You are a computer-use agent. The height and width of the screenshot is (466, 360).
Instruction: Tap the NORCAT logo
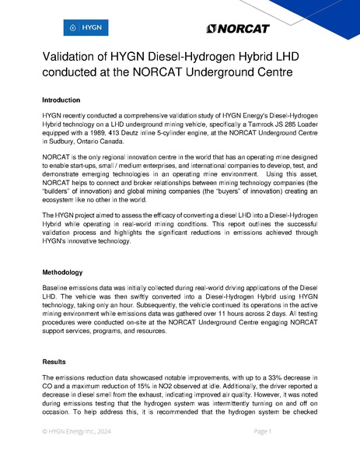click(238, 29)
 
